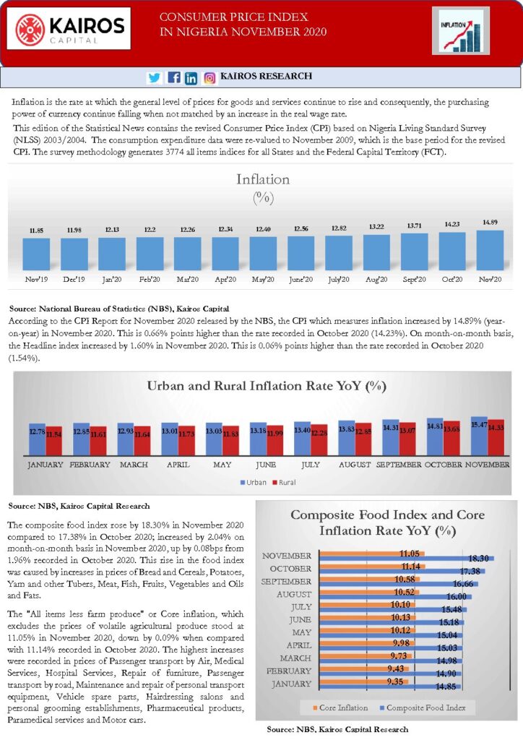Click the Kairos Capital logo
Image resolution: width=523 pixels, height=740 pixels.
69,28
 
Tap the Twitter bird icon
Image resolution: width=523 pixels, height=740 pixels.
154,77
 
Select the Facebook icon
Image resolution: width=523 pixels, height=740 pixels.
173,77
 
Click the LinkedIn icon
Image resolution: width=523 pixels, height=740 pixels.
191,78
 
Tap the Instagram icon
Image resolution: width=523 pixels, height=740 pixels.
209,78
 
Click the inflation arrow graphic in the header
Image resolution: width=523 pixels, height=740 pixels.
460,32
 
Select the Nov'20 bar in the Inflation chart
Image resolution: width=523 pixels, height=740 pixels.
490,251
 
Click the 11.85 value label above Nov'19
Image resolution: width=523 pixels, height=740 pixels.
36,231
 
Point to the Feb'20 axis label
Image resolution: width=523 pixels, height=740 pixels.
150,280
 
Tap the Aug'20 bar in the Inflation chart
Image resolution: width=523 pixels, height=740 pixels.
376,253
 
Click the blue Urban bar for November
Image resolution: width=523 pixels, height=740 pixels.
479,436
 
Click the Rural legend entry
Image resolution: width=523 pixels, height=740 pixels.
284,482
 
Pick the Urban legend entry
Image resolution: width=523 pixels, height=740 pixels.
254,482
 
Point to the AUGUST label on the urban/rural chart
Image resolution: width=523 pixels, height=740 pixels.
355,465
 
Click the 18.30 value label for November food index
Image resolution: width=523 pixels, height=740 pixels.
478,559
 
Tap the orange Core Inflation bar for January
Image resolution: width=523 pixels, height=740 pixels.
363,682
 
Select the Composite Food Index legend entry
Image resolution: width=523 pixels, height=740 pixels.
423,707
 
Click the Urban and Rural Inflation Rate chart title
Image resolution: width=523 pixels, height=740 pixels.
267,386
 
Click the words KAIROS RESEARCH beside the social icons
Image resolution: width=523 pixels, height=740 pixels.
266,76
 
